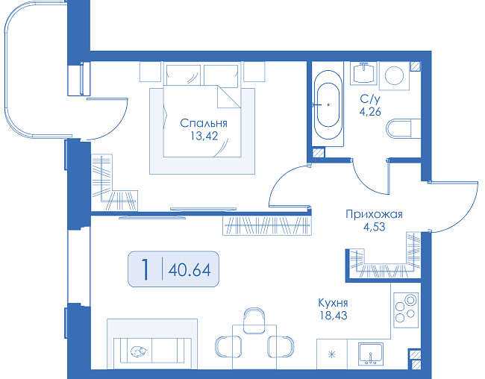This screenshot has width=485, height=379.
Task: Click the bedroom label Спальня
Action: (x=204, y=123)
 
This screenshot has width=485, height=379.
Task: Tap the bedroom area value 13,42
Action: (x=204, y=136)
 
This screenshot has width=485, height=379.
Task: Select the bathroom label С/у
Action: (x=370, y=99)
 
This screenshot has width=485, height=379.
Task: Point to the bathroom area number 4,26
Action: (x=370, y=111)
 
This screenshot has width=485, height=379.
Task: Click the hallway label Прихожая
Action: (x=374, y=214)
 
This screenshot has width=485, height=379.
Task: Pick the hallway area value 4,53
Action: (x=375, y=227)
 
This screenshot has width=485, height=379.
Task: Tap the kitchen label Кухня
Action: (x=333, y=303)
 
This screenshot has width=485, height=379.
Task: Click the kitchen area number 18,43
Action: (x=334, y=316)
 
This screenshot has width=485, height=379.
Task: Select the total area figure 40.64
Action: (x=190, y=269)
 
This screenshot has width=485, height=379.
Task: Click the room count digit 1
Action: (x=145, y=269)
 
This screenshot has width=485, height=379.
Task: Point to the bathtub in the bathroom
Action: (x=328, y=104)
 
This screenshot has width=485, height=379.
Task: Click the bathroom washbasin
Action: (x=364, y=73)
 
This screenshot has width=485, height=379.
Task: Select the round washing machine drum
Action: (x=394, y=75)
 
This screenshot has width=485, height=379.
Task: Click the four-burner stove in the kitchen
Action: (x=406, y=310)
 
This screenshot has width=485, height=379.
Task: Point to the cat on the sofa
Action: (x=139, y=352)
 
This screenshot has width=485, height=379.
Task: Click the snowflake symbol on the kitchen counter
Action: (x=331, y=354)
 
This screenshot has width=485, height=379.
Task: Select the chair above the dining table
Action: (x=254, y=321)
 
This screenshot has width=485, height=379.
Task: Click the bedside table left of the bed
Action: (x=150, y=72)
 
